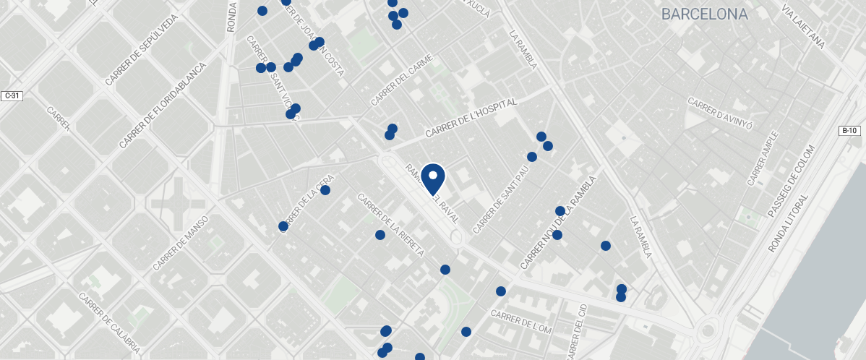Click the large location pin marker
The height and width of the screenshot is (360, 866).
coord(433,178)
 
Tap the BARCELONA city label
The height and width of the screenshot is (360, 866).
coord(704,14)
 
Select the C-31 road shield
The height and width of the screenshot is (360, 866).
coord(11,95)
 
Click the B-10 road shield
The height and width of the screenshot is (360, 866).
coord(849,131)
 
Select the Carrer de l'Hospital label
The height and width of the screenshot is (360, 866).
coord(471,119)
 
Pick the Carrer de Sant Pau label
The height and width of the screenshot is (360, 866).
coord(501,202)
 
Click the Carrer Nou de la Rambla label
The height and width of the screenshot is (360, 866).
coord(559,223)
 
